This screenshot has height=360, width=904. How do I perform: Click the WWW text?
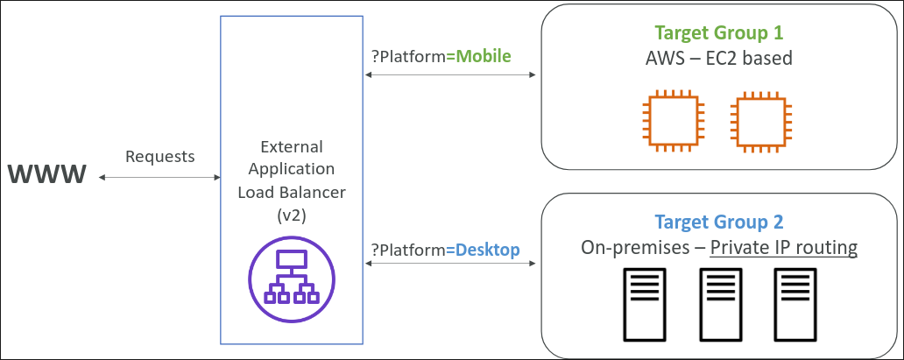pos(48,174)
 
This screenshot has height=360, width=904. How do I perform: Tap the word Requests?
pos(160,157)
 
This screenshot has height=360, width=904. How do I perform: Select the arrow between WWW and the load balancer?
pos(160,178)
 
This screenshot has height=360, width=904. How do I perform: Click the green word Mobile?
pos(480,56)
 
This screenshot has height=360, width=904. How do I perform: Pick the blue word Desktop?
pos(484,251)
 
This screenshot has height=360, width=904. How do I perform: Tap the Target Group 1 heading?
pos(719,33)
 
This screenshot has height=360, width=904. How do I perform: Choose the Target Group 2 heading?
pos(719,222)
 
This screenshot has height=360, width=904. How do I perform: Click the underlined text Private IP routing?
pos(783,248)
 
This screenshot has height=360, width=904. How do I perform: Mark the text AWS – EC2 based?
pos(719,60)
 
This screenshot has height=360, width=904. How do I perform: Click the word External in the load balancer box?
pos(292,146)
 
